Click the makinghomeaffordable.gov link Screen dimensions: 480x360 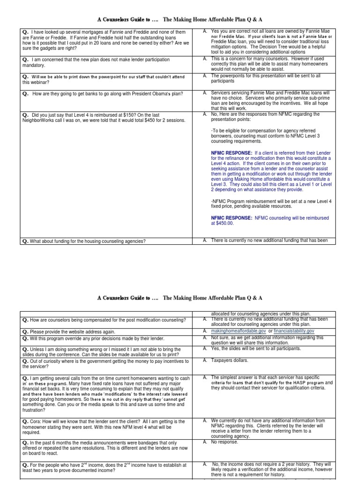pos(237,331)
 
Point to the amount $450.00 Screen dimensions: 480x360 pos(222,223)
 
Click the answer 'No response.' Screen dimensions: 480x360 pos(225,442)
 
